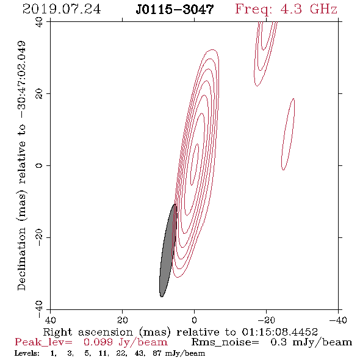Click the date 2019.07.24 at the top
coord(62,9)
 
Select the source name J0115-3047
coord(175,9)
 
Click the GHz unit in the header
coord(323,9)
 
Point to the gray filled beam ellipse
coord(168,250)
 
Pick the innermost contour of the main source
coord(195,164)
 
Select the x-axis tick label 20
coord(122,320)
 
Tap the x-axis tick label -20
coord(266,320)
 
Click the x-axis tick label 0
coord(194,320)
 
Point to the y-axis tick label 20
coord(40,94)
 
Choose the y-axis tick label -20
coord(40,237)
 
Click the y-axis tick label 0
coord(40,165)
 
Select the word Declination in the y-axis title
coord(21,259)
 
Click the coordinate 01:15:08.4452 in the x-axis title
coord(279,332)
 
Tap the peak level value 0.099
coord(98,342)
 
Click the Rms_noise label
coord(225,342)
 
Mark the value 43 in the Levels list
coord(140,353)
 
